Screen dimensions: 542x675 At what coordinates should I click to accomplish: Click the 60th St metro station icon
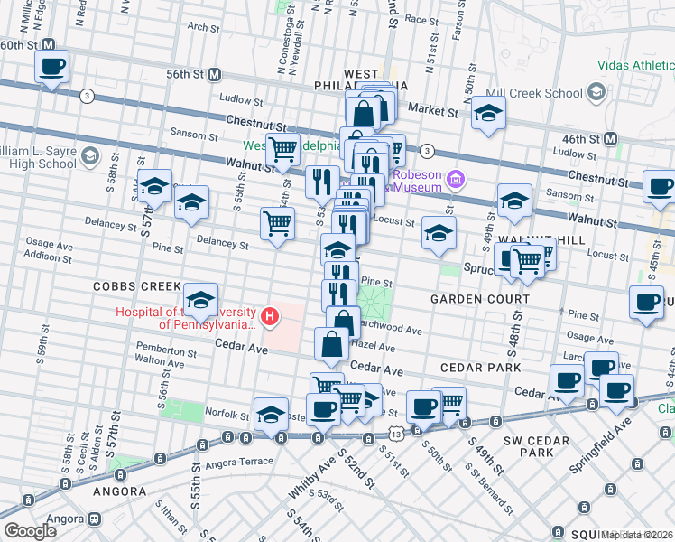pos(49,44)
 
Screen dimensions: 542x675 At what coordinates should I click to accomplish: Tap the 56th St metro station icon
pos(215,74)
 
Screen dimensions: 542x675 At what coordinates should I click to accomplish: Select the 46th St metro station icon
pos(610,138)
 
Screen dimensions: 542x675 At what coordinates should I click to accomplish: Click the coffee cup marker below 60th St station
pos(52,67)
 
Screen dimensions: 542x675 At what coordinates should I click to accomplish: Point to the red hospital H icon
pos(268,316)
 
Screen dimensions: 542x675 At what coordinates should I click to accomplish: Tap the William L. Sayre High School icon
pos(88,157)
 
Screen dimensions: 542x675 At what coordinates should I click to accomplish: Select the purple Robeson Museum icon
pos(458,180)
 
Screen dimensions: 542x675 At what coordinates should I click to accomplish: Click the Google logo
pos(29,530)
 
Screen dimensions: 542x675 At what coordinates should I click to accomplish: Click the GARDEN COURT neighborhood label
pos(479,299)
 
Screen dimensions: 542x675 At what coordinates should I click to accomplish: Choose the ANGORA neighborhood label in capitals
pos(119,491)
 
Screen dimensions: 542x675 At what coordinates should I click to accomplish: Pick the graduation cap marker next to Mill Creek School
pos(488,113)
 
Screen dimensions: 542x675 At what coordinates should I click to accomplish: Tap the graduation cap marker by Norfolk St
pos(271,414)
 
